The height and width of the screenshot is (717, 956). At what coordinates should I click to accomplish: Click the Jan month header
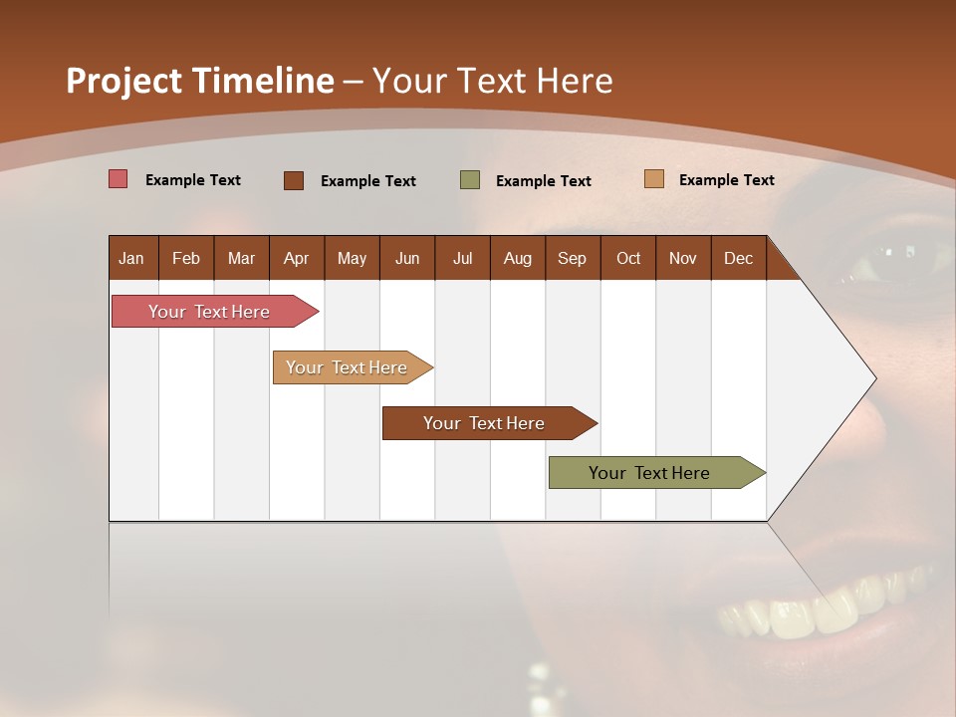pos(131,258)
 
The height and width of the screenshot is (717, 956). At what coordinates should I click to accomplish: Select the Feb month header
pos(186,258)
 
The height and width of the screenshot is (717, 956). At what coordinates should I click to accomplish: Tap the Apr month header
pos(296,258)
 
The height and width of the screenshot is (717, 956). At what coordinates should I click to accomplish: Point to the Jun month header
pos(407,258)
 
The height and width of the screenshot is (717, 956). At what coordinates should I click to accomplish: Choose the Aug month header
pos(517,258)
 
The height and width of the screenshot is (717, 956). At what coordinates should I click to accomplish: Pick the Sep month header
pos(572,258)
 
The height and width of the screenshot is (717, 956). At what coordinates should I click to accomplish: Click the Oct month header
pos(628,258)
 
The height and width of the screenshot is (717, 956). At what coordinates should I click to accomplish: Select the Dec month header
pos(738,258)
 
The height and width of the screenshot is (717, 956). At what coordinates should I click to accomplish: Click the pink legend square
pos(119,179)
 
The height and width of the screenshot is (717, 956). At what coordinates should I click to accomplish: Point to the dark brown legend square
pos(294,180)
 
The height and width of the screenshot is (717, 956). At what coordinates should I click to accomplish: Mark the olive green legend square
pos(470,180)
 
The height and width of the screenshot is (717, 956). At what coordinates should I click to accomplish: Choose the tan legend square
pos(654,179)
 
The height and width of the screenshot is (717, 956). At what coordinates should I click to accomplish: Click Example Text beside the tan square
pos(726,180)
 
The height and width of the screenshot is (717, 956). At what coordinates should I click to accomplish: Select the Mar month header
pos(241,258)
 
